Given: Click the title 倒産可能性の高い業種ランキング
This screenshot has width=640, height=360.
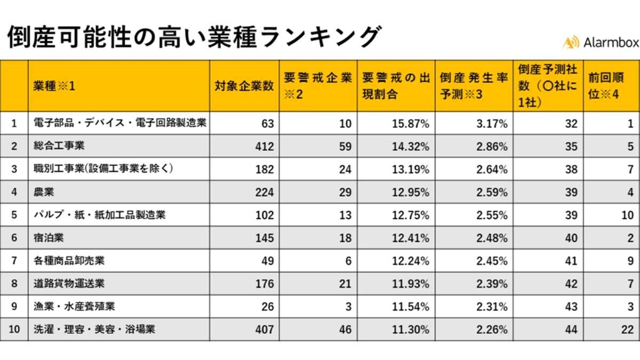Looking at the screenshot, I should (193, 38).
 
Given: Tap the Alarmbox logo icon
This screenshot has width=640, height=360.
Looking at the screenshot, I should (571, 43).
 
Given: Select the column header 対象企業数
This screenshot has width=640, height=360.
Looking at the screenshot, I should (244, 86).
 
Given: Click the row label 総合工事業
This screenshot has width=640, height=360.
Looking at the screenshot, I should (59, 146).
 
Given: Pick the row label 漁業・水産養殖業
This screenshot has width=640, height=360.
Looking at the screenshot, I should (74, 306).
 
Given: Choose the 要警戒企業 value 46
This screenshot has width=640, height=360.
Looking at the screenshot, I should (345, 330).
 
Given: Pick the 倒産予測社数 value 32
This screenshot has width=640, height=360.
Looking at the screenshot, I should (571, 124).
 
